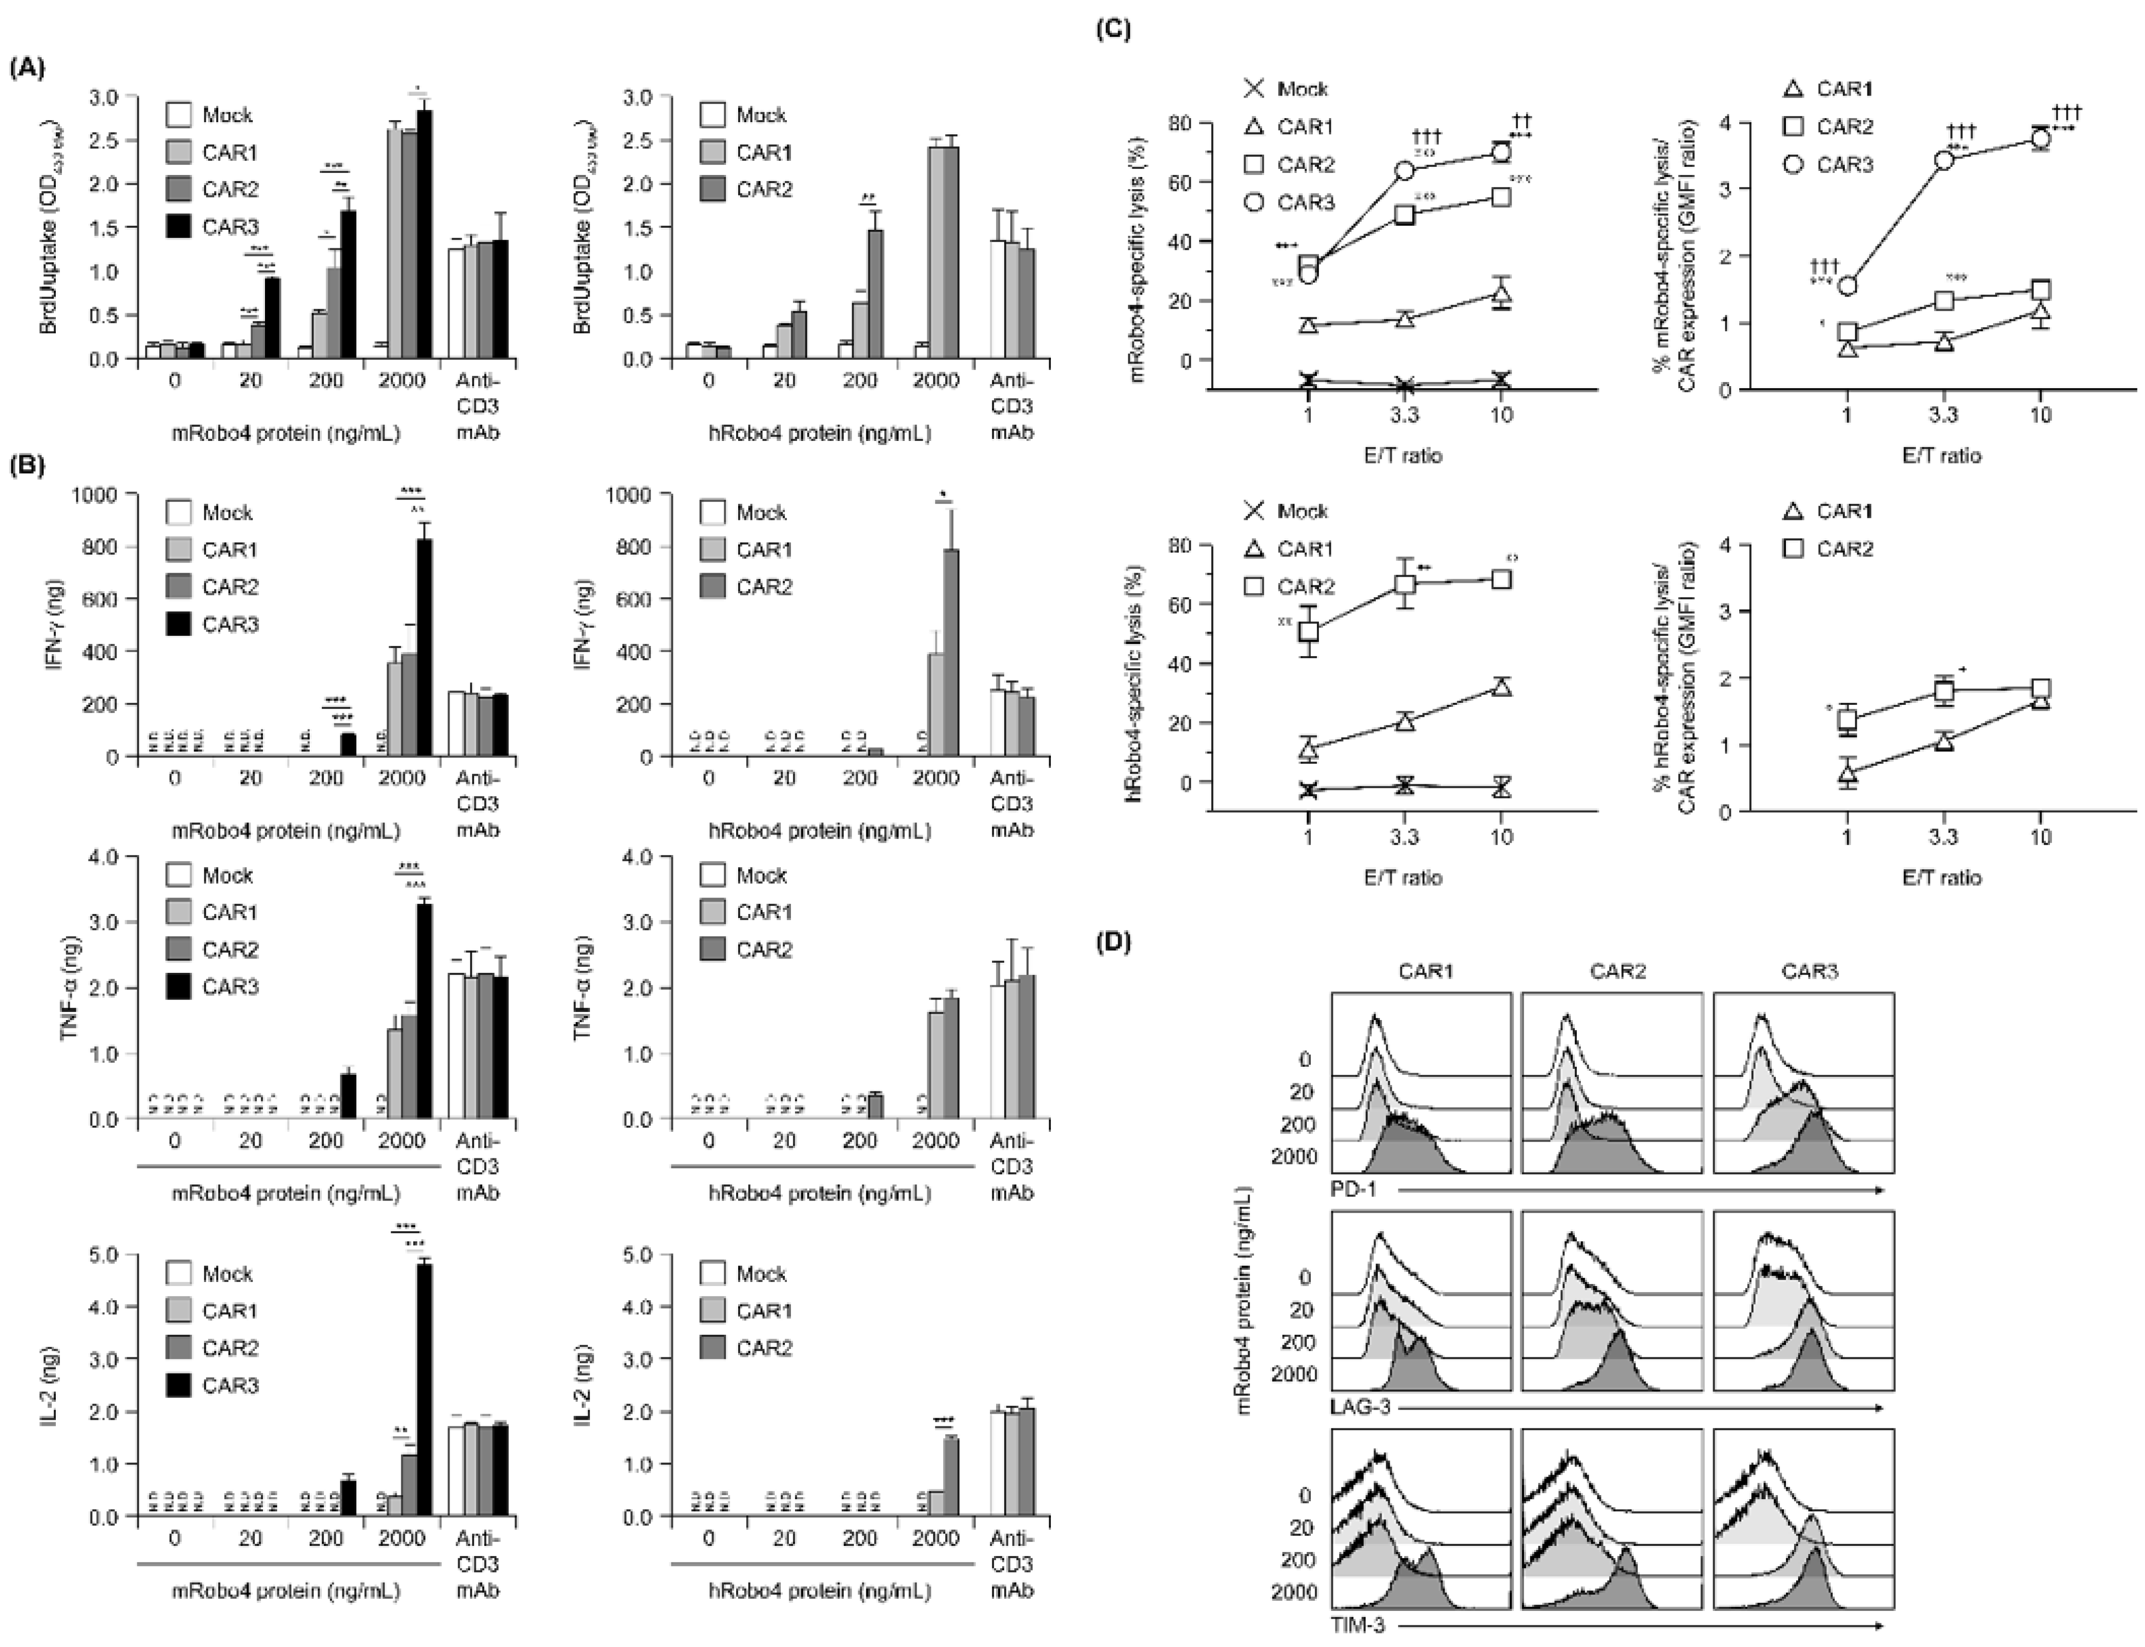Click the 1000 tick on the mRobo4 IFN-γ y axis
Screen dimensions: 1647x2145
pos(108,495)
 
